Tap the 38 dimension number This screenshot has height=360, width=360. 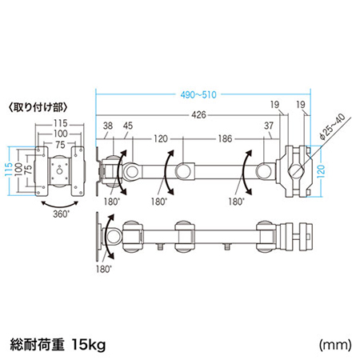pos(109,125)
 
